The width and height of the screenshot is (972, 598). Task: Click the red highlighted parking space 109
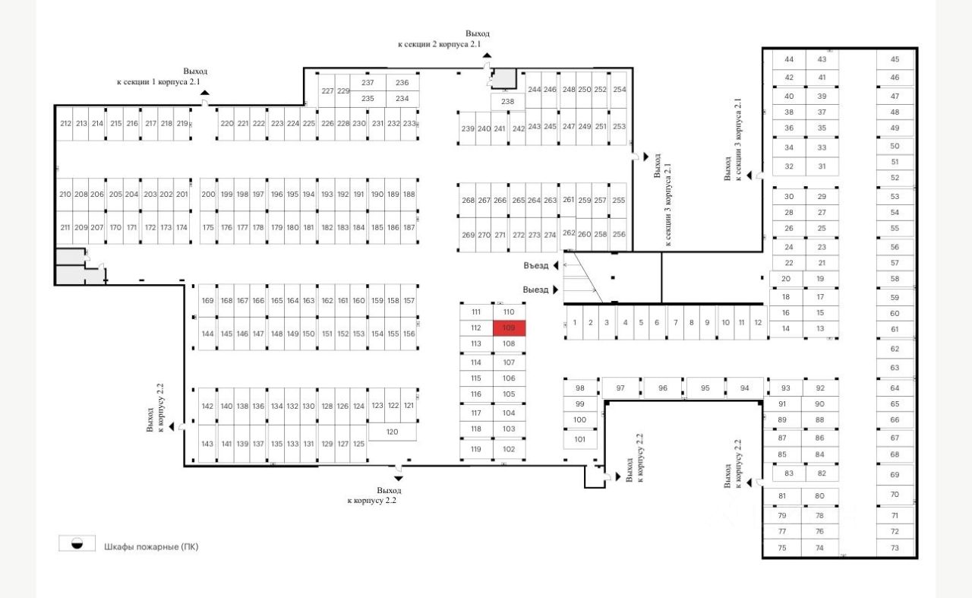point(509,328)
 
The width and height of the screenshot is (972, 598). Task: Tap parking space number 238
point(507,101)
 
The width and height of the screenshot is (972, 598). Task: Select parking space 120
point(392,432)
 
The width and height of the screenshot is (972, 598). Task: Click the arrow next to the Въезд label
point(556,265)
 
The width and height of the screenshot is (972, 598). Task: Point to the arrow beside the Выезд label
point(556,290)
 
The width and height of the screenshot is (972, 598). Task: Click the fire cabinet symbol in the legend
point(77,544)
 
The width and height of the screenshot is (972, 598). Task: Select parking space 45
point(895,59)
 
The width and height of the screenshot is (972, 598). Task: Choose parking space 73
point(895,549)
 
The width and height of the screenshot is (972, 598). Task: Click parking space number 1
point(574,323)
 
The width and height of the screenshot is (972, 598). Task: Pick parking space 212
point(65,124)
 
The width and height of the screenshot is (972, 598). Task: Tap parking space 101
point(580,438)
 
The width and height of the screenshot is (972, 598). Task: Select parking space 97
point(620,388)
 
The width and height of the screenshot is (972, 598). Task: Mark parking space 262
point(569,233)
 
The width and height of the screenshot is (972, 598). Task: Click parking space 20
point(786,279)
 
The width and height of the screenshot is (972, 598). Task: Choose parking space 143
point(207,444)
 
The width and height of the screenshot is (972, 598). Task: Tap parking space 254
point(620,90)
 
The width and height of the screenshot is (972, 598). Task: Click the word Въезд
point(535,265)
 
